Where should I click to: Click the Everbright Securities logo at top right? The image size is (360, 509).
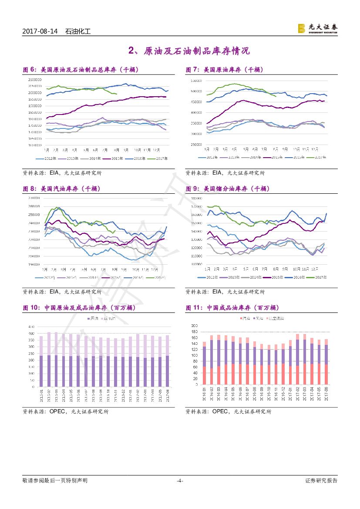pyautogui.click(x=317, y=28)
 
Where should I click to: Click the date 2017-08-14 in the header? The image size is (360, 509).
pyautogui.click(x=40, y=32)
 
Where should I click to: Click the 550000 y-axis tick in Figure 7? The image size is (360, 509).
pyautogui.click(x=196, y=81)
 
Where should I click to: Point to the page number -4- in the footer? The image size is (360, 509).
pyautogui.click(x=180, y=481)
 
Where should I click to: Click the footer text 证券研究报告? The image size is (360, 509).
pyautogui.click(x=321, y=481)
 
